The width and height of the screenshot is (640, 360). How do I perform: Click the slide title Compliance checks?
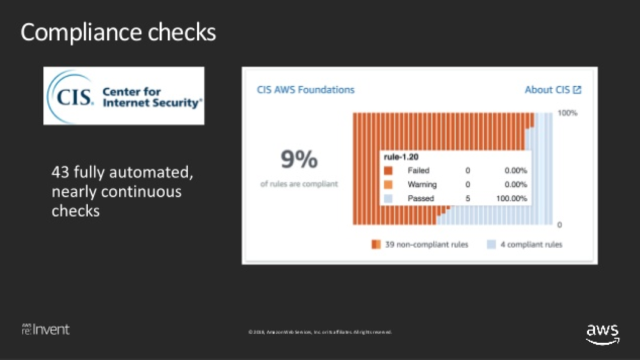(x=118, y=32)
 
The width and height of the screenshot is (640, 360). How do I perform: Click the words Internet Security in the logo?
(x=152, y=102)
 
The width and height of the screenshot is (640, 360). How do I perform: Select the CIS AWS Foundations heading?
(x=306, y=89)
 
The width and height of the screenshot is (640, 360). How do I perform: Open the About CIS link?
(x=547, y=89)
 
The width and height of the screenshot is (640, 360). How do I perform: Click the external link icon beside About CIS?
(x=577, y=90)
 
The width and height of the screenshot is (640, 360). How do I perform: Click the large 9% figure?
(x=299, y=161)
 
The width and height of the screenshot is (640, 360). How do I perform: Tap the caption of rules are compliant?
(x=299, y=184)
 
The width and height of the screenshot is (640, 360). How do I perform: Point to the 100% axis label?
(x=567, y=113)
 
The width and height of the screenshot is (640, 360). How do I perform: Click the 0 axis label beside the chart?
(x=559, y=224)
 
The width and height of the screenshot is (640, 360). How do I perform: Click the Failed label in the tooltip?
(x=418, y=171)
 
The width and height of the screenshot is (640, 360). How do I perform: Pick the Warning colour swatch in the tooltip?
(x=388, y=185)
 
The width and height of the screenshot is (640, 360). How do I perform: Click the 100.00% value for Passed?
(x=512, y=199)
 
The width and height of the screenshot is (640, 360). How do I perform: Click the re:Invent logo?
(x=46, y=329)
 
